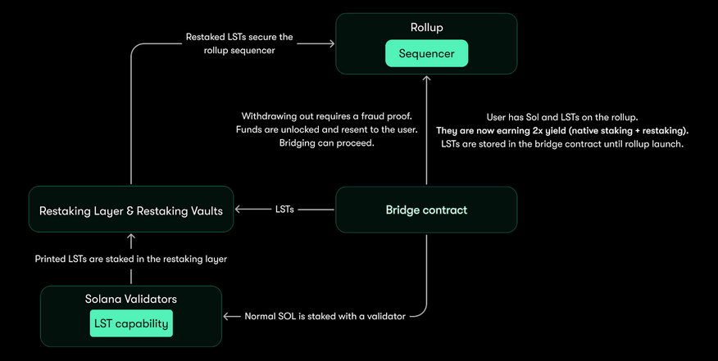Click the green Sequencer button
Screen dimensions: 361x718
(x=426, y=54)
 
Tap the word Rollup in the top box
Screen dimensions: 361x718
(x=426, y=28)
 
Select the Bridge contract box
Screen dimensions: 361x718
(x=426, y=210)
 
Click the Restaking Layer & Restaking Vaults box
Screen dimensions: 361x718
(x=131, y=210)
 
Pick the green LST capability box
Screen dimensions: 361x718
(x=131, y=323)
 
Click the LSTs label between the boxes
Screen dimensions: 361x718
(x=285, y=210)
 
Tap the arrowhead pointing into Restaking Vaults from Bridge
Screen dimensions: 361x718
(x=239, y=210)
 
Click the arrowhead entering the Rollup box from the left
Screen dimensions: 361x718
(x=331, y=43)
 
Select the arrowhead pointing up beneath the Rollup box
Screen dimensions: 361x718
(x=426, y=79)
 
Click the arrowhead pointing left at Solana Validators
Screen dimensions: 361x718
(x=227, y=316)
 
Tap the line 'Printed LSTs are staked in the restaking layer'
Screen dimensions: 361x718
(x=131, y=259)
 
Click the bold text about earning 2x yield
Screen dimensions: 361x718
(x=562, y=130)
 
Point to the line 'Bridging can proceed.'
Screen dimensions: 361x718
(x=329, y=144)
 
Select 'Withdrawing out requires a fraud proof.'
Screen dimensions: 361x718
(x=329, y=115)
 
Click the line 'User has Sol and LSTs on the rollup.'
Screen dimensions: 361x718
(x=562, y=116)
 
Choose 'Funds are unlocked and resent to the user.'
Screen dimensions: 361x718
(x=329, y=130)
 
